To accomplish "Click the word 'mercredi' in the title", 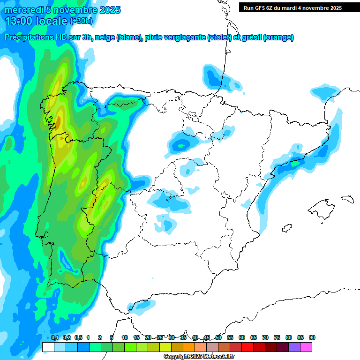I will [x=22, y=10].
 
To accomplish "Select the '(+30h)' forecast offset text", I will [x=81, y=21].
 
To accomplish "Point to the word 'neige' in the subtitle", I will [x=105, y=37].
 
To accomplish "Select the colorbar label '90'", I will [x=312, y=337].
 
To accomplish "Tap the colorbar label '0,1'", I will [x=54, y=337].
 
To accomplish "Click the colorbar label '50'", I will [x=218, y=337].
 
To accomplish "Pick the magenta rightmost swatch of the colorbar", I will [x=306, y=347].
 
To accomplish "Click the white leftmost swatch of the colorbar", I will [x=48, y=347].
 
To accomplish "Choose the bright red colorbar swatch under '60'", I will [x=247, y=347].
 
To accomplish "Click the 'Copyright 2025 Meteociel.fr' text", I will [x=199, y=356].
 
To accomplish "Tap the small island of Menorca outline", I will [x=347, y=199].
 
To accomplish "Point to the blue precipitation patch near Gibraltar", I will [x=143, y=307].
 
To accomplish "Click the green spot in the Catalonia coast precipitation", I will [x=295, y=164].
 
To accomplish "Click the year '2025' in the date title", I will [x=107, y=10].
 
